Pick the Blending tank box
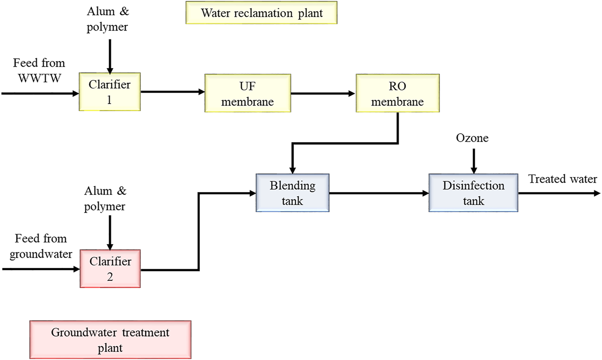pos(292,193)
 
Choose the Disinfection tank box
pos(473,193)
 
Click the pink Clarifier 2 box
pos(110,269)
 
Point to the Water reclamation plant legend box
pos(261,12)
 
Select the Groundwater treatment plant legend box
pos(110,339)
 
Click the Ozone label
pos(472,138)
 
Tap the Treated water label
pos(563,179)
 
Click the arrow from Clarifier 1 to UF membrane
pos(172,92)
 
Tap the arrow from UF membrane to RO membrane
pos(323,93)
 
